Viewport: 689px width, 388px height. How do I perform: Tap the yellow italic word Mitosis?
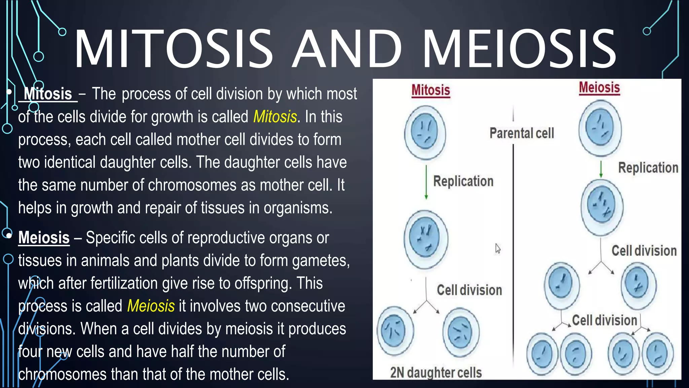[x=275, y=117]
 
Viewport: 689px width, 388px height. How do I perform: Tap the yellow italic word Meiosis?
[x=151, y=306]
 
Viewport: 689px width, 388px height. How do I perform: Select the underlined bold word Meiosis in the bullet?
[x=44, y=238]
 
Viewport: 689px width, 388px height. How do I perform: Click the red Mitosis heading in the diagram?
[x=431, y=90]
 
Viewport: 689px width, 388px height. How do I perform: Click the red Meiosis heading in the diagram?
[x=599, y=88]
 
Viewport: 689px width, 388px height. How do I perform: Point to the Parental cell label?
[x=521, y=133]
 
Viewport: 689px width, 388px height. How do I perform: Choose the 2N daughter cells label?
[x=436, y=373]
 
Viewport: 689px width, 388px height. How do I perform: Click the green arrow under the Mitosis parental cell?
[x=426, y=182]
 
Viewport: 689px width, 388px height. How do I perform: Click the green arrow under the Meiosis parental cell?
[x=601, y=169]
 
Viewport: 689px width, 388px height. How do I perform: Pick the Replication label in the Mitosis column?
[x=463, y=181]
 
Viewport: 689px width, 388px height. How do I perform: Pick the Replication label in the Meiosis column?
[x=648, y=168]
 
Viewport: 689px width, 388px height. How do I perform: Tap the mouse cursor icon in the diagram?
[x=498, y=249]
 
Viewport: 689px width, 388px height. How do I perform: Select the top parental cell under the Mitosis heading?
[x=425, y=132]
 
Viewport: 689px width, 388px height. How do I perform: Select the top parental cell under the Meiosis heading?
[x=600, y=128]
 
